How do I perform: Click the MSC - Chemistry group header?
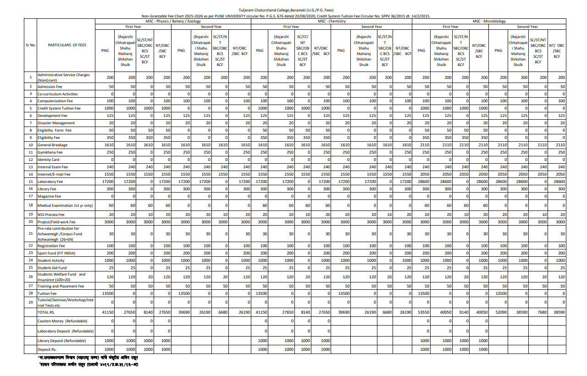(x=332, y=21)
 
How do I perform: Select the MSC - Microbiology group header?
(x=489, y=21)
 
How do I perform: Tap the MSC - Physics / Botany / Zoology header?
(x=173, y=21)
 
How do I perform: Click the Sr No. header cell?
(x=30, y=45)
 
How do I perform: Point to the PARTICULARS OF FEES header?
(x=66, y=45)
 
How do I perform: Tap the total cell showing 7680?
(x=542, y=312)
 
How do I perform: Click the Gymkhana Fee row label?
(x=50, y=152)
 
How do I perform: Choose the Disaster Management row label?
(x=55, y=123)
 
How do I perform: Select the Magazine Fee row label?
(x=49, y=196)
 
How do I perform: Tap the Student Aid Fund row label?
(x=52, y=267)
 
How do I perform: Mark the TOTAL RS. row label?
(x=46, y=312)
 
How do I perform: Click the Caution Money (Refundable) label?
(x=64, y=321)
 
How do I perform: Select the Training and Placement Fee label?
(x=61, y=286)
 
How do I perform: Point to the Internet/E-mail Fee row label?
(x=54, y=174)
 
